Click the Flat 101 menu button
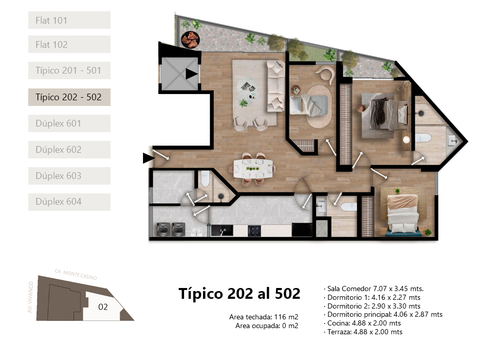point(69,20)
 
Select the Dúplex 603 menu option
point(69,175)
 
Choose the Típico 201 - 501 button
point(69,70)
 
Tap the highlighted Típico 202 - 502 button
point(69,97)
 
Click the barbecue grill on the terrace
point(190,40)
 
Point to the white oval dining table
point(253,169)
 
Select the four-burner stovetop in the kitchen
point(254,231)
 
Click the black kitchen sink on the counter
point(222,230)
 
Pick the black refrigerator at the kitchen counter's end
point(302,229)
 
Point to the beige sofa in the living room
point(276,86)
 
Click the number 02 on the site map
point(103,307)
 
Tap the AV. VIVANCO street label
point(30,297)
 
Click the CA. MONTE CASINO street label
point(76,274)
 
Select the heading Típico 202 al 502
point(240,294)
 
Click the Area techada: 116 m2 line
point(264,317)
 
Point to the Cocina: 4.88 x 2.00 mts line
point(362,323)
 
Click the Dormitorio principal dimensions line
point(383,314)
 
